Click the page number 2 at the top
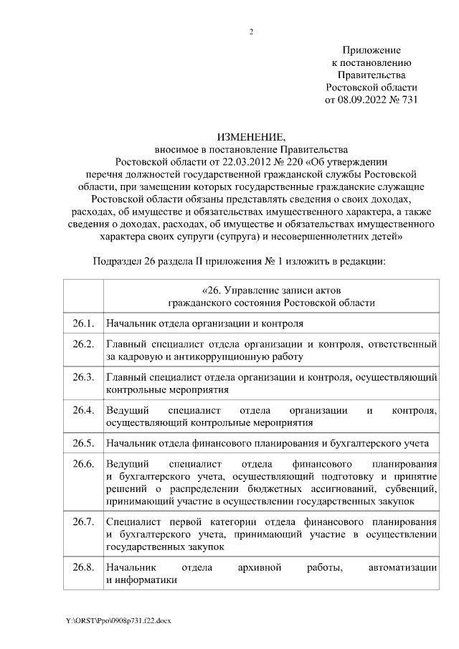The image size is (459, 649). tap(251, 31)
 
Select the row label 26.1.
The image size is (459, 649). tap(83, 323)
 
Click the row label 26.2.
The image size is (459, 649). tap(83, 344)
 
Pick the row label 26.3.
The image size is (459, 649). tap(83, 377)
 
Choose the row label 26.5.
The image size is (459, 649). tap(83, 442)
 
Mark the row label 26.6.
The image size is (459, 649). tap(83, 464)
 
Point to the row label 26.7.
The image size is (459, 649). tap(83, 521)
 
